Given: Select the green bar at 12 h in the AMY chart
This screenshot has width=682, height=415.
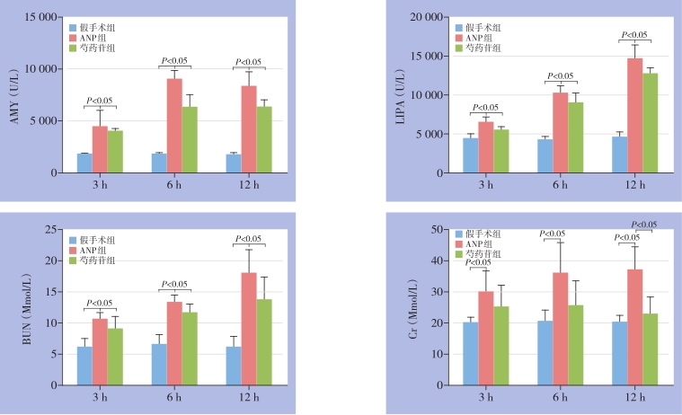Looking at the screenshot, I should (x=264, y=139).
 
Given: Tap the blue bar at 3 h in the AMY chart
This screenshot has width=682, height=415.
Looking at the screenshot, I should (x=84, y=163).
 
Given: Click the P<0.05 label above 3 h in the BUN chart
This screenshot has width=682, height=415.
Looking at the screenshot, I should (x=99, y=303).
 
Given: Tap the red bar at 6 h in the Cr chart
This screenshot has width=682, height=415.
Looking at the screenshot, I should (x=560, y=329).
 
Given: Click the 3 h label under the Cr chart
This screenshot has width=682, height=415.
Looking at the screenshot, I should (x=485, y=397).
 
